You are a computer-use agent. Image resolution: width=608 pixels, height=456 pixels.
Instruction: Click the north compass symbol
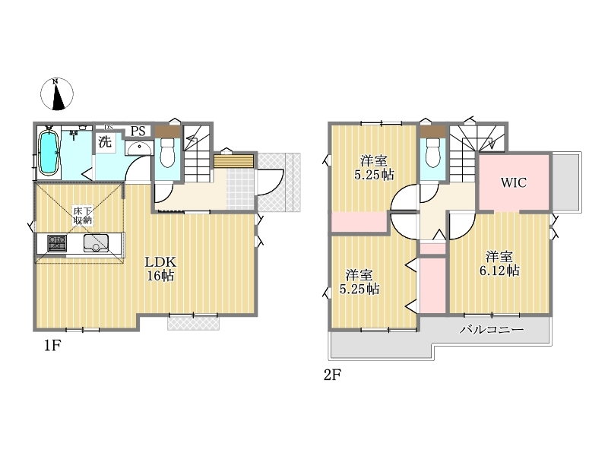coord(57,93)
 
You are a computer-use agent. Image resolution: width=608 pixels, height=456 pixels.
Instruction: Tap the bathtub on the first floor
coord(49,153)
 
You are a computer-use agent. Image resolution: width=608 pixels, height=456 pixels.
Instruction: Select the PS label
coord(138,131)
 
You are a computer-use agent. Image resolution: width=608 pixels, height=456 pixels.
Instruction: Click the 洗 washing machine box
coord(105,142)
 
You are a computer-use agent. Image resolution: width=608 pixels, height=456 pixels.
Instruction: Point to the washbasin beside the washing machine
coord(139,147)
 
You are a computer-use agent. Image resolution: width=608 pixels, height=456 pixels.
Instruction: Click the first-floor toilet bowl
coord(167,153)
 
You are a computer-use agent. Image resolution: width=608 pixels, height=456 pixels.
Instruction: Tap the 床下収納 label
coord(83,216)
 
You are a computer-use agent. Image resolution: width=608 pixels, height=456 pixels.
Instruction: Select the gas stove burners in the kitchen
coord(57,243)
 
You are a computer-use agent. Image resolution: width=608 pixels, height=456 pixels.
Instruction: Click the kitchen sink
coord(96,243)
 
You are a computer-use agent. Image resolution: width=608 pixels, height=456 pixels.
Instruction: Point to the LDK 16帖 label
coord(160,268)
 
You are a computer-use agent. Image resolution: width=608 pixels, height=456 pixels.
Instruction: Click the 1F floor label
coord(52,345)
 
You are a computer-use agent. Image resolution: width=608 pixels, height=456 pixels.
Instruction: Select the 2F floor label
coord(333,375)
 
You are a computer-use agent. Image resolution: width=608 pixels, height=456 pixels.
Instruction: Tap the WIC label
coord(514,182)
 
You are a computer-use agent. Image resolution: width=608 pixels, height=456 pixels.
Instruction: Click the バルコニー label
coord(492,330)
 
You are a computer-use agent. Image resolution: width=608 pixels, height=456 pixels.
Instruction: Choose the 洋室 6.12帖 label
coord(499,263)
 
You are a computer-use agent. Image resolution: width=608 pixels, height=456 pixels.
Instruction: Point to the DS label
coord(109,127)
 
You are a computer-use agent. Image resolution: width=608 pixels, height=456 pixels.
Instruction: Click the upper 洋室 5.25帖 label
coord(374,167)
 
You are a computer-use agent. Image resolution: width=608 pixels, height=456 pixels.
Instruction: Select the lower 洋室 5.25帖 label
coord(359,282)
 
